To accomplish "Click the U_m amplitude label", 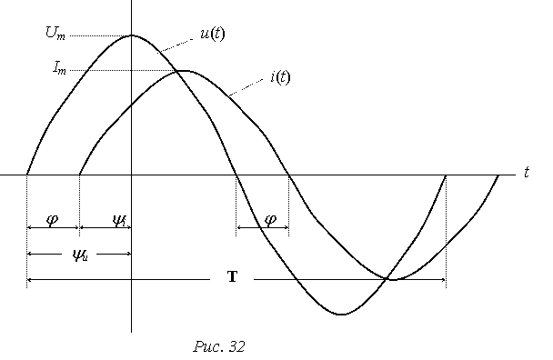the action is [55, 34].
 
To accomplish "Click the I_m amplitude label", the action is [59, 67].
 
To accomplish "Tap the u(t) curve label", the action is [212, 35].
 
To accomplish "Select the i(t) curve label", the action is [280, 76].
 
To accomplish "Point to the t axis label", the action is [527, 173].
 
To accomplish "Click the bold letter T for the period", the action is [233, 276].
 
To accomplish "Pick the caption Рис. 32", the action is [219, 346].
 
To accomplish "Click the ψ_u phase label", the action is [80, 255].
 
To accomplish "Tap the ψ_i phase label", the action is [119, 222].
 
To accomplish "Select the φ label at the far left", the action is [52, 220].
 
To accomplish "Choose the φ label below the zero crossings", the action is [270, 220].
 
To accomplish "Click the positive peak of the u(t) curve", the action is [132, 35].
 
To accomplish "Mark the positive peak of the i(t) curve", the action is [184, 71].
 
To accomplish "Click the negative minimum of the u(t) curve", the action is [341, 314].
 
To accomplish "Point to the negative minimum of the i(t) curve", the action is [393, 280].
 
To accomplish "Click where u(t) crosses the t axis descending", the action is [236, 175].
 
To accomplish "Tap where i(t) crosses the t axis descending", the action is [289, 175].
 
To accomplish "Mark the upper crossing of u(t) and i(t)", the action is [176, 72].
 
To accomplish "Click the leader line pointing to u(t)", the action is [175, 45].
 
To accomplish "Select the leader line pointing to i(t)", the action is [246, 87].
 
